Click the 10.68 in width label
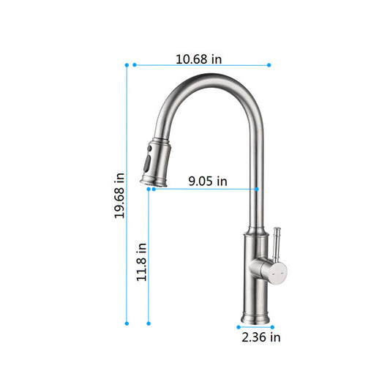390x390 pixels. (x=199, y=59)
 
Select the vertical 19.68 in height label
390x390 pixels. (x=119, y=195)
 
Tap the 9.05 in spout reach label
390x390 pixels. (x=208, y=181)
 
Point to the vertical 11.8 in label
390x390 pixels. (x=142, y=262)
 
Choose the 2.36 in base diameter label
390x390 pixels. (x=261, y=337)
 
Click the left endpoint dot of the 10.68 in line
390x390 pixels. (x=134, y=65)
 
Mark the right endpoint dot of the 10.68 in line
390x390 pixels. (x=269, y=65)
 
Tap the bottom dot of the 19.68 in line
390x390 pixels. (x=127, y=323)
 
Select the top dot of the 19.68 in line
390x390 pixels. (x=127, y=65)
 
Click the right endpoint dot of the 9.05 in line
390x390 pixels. (x=257, y=189)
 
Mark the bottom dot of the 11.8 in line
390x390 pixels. (x=149, y=323)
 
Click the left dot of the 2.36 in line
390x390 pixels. (x=239, y=326)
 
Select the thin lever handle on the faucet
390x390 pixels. (x=278, y=245)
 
